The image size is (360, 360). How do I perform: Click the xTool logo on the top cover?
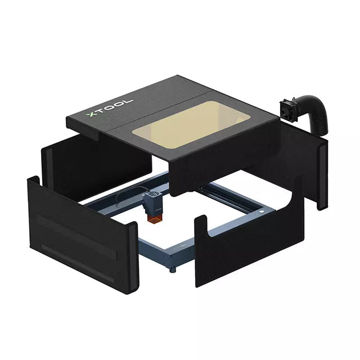coord(110,109)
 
